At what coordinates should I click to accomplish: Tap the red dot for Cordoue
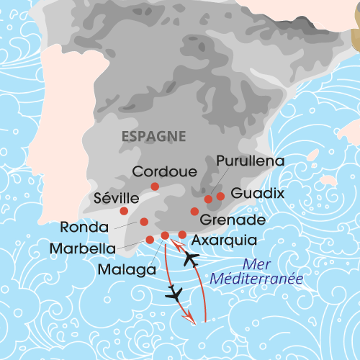tap(155, 186)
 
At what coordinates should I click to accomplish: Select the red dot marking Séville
tap(124, 211)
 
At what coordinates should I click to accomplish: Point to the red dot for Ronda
tap(144, 222)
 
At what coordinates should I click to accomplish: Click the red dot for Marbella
tap(150, 240)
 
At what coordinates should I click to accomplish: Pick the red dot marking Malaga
tap(165, 235)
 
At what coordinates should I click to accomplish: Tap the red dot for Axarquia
tap(183, 234)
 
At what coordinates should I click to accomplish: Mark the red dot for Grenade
tap(194, 211)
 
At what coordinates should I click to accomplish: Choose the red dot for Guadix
tap(220, 196)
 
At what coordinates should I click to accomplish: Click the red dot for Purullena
tap(209, 199)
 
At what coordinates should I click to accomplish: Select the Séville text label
tap(117, 197)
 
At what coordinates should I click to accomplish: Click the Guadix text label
tap(258, 194)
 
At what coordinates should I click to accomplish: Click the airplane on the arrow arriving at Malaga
tap(192, 258)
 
